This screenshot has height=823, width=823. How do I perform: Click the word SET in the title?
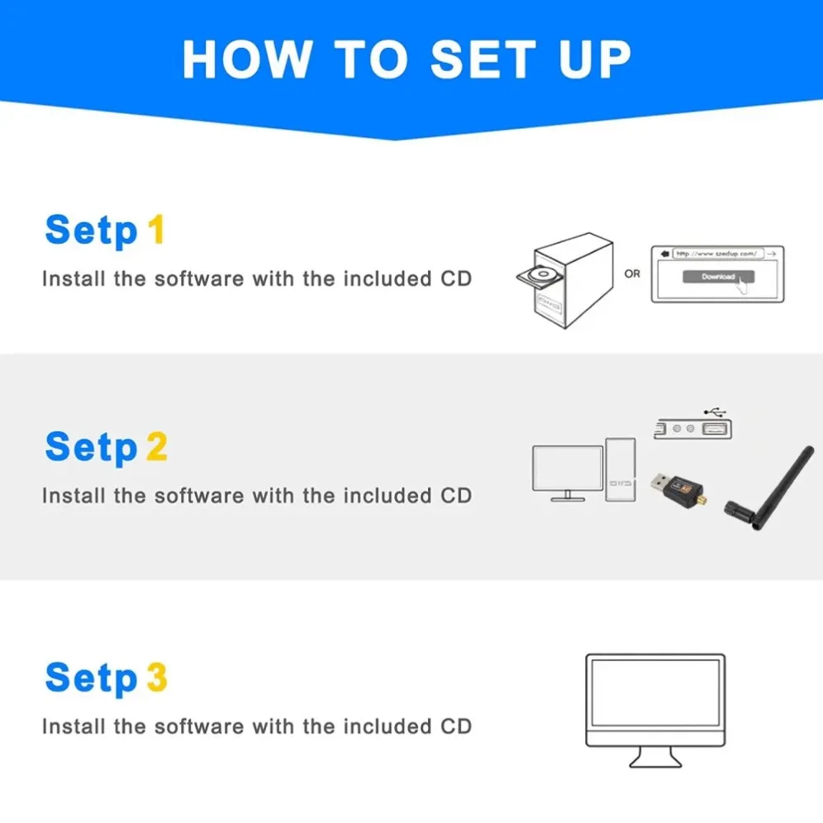481,58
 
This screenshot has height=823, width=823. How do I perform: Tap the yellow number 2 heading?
156,447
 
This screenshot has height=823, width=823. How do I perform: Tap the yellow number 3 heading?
156,678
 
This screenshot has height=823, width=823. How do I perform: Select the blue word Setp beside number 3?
91,678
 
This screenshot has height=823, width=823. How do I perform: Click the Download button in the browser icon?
717,277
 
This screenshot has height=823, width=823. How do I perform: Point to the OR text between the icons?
632,274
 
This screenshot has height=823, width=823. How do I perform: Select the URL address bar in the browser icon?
716,254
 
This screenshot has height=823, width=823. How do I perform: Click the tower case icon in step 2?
621,469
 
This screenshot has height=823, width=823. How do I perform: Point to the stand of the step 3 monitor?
655,756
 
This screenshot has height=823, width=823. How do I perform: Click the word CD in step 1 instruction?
454,278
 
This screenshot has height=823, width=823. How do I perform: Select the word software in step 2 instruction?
199,496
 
